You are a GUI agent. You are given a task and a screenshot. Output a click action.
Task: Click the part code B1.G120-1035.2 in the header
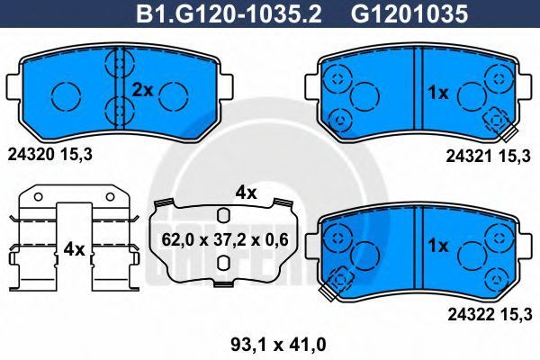click(229, 14)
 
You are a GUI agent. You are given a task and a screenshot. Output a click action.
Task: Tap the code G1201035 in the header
click(409, 14)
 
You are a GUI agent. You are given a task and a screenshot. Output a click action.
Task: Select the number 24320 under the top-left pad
click(31, 155)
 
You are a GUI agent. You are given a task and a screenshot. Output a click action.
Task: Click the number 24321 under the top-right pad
click(470, 157)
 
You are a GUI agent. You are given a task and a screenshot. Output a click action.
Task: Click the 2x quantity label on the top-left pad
click(142, 91)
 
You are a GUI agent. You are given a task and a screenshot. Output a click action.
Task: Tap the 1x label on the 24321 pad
click(438, 93)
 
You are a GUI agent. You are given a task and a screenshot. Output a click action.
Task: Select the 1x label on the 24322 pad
click(438, 246)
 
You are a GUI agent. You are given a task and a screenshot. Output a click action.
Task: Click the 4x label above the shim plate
click(246, 193)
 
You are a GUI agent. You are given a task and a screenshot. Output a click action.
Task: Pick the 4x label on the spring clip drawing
click(74, 249)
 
